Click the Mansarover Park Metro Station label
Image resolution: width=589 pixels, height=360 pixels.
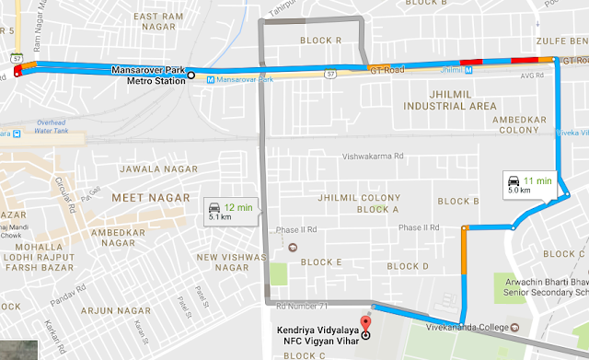pos(146,74)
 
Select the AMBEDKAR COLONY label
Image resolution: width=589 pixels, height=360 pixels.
pos(529,125)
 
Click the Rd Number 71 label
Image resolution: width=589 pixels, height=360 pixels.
pos(302,303)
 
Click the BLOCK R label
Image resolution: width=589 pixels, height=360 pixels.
pos(325,41)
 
